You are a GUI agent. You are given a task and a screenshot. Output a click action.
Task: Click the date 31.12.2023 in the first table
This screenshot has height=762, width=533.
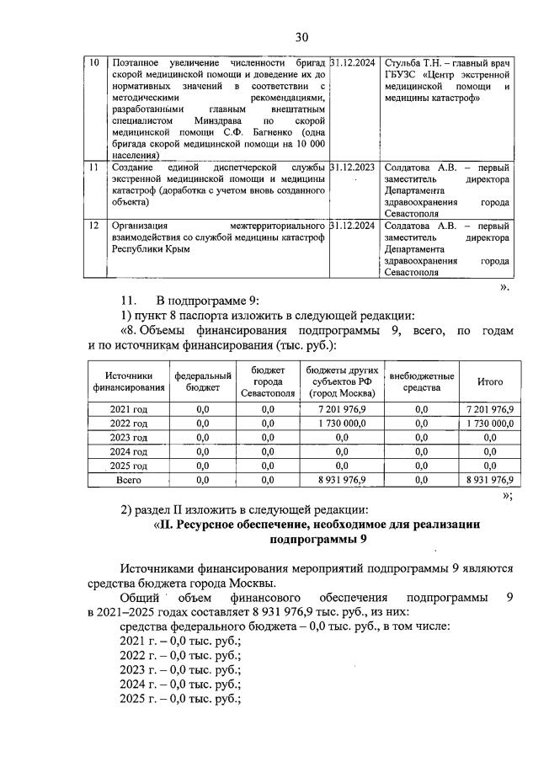click(x=354, y=168)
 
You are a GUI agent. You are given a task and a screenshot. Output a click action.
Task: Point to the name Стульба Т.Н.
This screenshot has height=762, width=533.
click(x=414, y=63)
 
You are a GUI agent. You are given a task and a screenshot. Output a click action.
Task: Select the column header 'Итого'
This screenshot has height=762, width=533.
click(x=489, y=381)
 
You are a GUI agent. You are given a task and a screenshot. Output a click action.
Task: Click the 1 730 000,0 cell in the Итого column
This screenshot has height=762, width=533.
click(x=489, y=424)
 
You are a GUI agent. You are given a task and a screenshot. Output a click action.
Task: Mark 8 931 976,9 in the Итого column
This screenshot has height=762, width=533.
click(x=489, y=480)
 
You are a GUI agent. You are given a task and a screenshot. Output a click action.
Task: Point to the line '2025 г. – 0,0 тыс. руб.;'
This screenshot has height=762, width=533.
click(x=180, y=699)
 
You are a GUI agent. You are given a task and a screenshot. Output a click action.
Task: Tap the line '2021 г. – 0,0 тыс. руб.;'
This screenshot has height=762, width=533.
click(x=180, y=641)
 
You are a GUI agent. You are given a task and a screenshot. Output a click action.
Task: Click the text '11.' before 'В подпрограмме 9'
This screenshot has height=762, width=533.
click(x=131, y=300)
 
